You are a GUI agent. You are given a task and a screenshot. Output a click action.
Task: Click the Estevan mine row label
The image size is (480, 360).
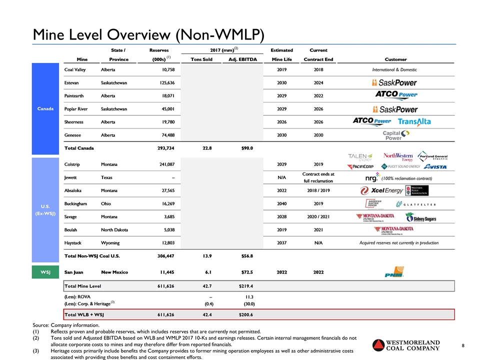pos(73,82)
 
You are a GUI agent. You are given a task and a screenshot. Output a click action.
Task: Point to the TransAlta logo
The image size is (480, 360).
pos(414,122)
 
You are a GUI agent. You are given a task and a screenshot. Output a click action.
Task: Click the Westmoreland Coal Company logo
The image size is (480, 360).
pos(406,345)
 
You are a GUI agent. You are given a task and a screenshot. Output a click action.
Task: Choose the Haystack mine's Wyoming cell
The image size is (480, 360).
pos(110,243)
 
